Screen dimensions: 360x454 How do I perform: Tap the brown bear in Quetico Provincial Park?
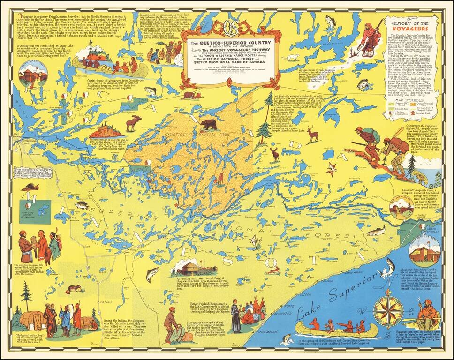point(208,124)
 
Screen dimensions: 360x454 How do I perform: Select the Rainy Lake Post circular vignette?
point(32,74)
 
